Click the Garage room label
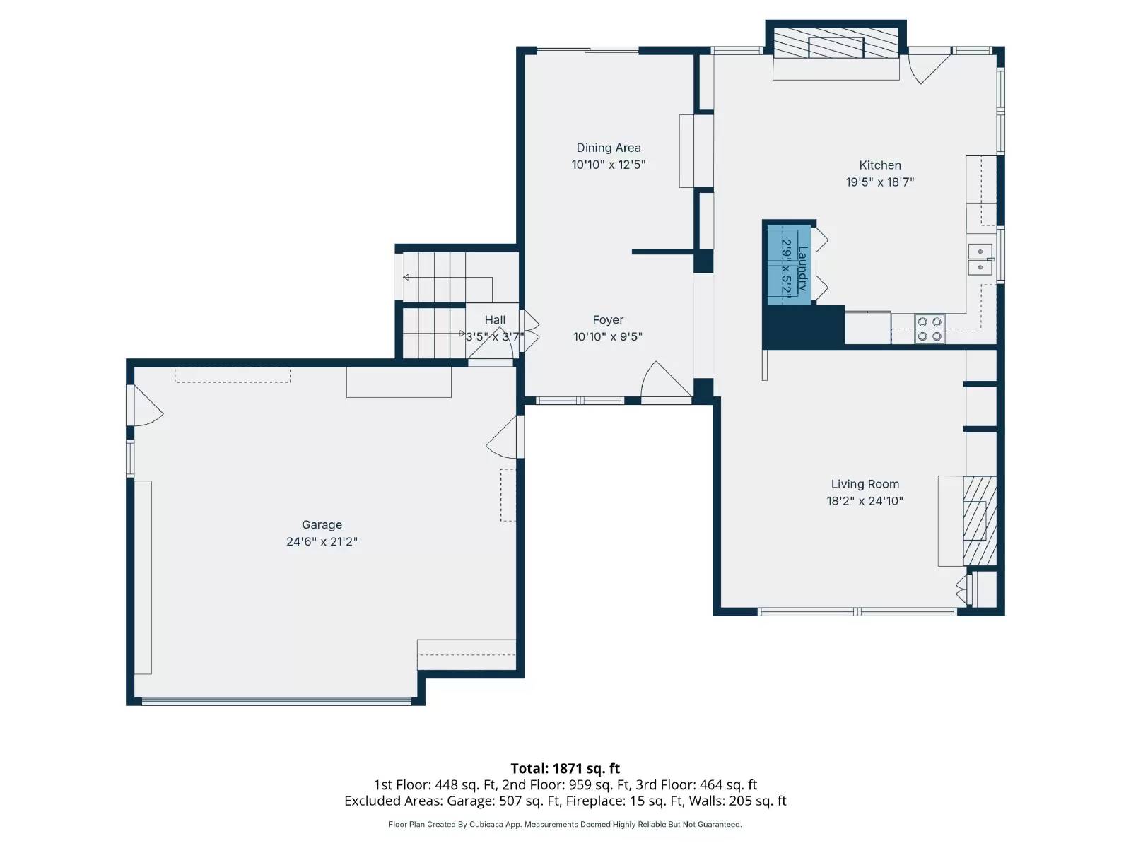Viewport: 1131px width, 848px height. (322, 524)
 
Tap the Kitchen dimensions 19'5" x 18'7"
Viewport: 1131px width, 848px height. (879, 182)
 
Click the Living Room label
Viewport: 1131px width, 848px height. (865, 484)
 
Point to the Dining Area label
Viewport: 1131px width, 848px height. (608, 148)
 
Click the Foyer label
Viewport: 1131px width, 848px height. (608, 320)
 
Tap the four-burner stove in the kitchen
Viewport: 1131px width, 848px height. (929, 329)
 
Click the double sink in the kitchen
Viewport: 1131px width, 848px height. (980, 259)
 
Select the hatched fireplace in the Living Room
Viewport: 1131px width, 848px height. (979, 521)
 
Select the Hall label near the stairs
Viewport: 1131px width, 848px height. (495, 320)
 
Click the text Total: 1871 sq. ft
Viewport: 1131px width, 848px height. (565, 768)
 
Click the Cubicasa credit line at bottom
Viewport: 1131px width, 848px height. (565, 824)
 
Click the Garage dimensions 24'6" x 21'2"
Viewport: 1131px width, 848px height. (322, 542)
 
